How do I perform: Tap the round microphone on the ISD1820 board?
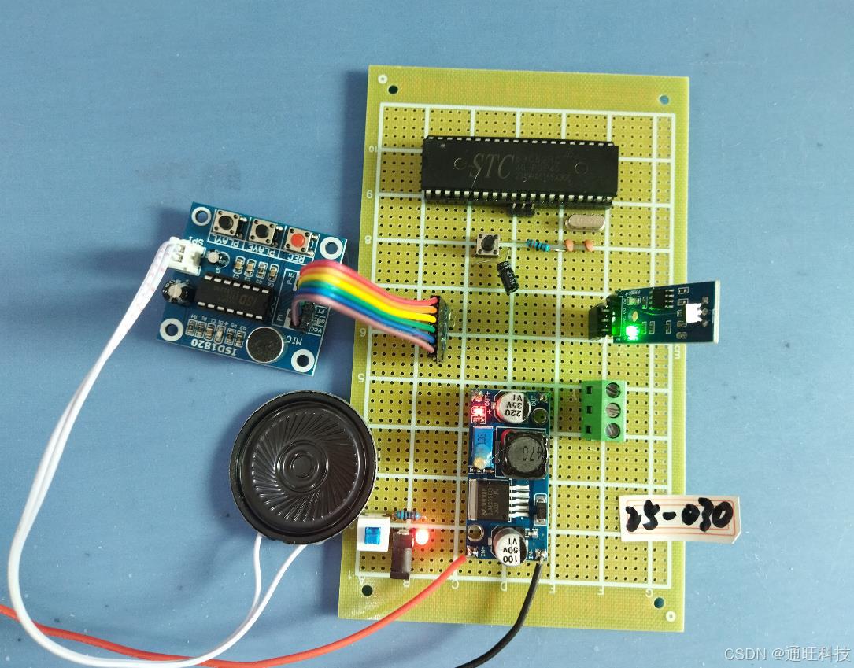click(x=264, y=341)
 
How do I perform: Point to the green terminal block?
click(x=604, y=408)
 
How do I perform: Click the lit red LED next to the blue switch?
click(x=423, y=537)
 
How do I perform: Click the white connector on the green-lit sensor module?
click(x=694, y=313)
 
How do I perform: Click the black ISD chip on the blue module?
click(x=234, y=297)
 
